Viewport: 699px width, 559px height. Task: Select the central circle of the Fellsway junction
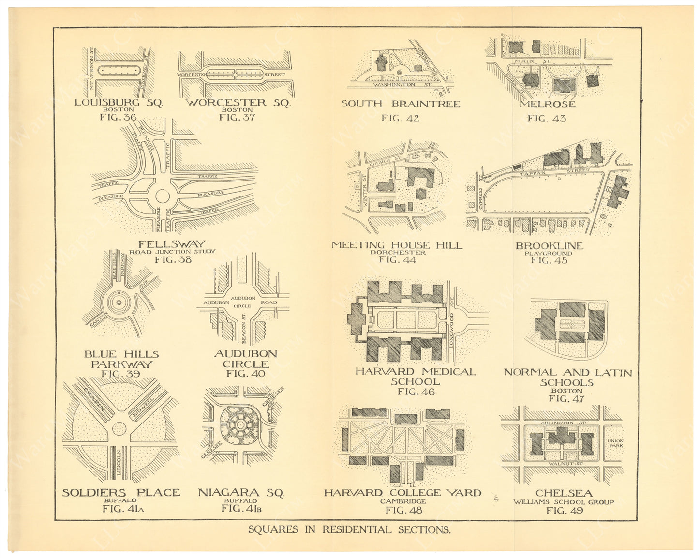tap(162, 196)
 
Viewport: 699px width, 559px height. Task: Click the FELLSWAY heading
tap(172, 244)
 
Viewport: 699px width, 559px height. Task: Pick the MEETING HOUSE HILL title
tap(397, 245)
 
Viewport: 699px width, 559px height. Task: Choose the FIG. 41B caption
tap(241, 508)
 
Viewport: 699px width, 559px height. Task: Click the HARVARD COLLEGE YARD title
tap(402, 493)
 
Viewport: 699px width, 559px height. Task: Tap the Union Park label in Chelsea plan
tap(615, 443)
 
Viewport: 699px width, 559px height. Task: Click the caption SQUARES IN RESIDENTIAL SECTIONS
tap(349, 529)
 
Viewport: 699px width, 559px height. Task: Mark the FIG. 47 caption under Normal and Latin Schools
tap(566, 399)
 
